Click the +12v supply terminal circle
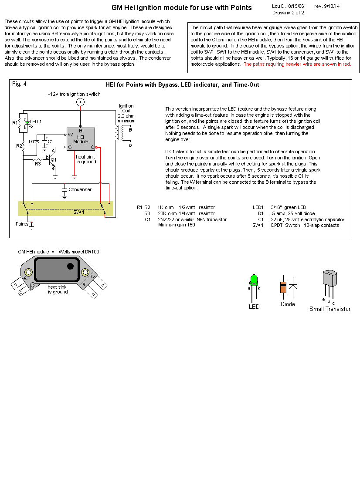click(x=80, y=102)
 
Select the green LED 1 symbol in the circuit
click(x=27, y=123)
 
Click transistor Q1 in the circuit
click(x=52, y=160)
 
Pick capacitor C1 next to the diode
click(x=45, y=142)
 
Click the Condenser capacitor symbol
click(x=65, y=190)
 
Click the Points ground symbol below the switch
click(x=32, y=225)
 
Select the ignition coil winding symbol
click(x=117, y=133)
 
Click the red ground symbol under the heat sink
click(x=74, y=176)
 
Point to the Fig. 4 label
click(x=19, y=84)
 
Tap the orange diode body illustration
click(x=283, y=287)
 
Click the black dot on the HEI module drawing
click(x=70, y=266)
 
